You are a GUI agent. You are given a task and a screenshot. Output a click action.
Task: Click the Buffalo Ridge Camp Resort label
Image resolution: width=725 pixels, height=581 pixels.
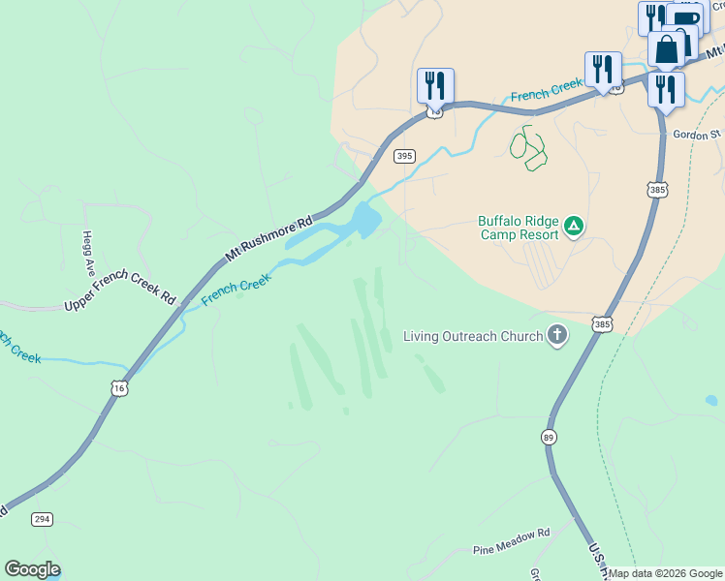[x=519, y=228]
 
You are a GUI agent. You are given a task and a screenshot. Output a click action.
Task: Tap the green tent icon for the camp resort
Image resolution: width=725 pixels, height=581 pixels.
[x=574, y=227]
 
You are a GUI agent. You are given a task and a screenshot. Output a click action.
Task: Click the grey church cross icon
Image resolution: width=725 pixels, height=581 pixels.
[x=556, y=336]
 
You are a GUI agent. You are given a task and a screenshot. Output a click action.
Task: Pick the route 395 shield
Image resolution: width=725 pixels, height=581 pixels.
[x=404, y=156]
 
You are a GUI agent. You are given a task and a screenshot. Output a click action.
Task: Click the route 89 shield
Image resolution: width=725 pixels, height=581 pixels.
[x=549, y=437]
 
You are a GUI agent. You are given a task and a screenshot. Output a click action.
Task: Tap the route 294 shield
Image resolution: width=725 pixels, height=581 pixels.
[x=41, y=519]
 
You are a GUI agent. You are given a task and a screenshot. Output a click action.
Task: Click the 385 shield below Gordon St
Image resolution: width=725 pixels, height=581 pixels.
[x=657, y=190]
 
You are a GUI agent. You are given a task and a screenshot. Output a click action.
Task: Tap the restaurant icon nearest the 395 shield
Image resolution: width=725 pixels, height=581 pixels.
[x=436, y=85]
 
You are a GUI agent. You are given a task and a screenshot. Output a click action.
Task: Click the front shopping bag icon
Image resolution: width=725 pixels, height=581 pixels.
[x=666, y=49]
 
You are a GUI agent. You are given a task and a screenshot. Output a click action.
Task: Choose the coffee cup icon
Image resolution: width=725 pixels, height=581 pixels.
[x=687, y=19]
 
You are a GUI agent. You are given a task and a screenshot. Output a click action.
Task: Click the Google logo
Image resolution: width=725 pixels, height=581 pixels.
[x=32, y=569]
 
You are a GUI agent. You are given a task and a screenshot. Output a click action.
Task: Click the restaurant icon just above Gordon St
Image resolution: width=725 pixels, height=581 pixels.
[x=666, y=89]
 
